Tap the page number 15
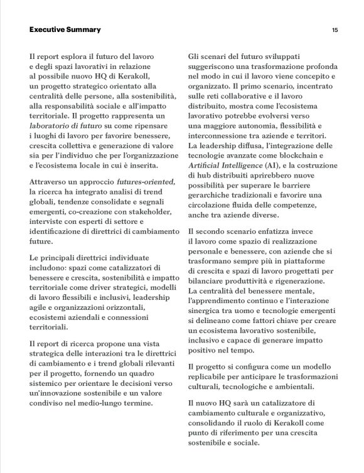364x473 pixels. (335, 29)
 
